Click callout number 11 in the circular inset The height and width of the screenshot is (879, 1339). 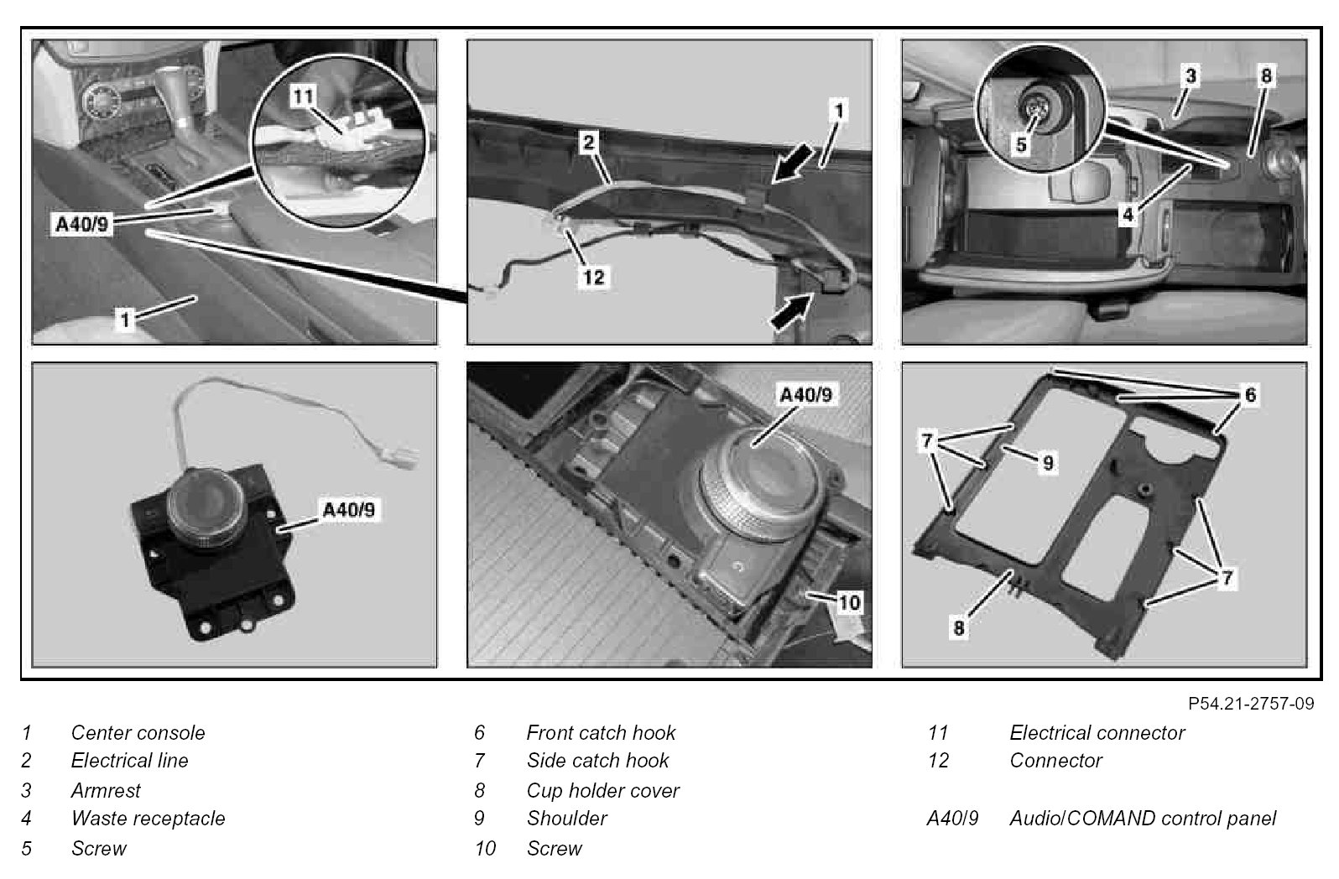[x=303, y=96]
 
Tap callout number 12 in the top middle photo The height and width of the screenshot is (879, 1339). [x=593, y=276]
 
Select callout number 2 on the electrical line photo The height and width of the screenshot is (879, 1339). [x=589, y=143]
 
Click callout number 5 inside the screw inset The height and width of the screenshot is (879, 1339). [x=1021, y=144]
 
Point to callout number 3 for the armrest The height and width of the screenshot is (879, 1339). [x=1190, y=76]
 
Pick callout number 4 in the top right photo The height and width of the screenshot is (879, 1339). [x=1128, y=214]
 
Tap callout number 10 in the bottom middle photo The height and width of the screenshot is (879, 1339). [x=849, y=602]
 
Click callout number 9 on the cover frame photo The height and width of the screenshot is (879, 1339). [x=1047, y=462]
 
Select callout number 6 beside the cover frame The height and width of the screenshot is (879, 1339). [x=1250, y=394]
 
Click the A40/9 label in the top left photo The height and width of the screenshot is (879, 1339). [x=82, y=224]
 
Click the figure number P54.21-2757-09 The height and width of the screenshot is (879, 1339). [x=1250, y=703]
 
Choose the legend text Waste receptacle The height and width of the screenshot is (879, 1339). [x=148, y=818]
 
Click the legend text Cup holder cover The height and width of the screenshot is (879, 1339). [x=602, y=790]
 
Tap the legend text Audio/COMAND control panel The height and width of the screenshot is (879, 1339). [x=1142, y=818]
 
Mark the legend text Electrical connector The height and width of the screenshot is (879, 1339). [x=1097, y=732]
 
